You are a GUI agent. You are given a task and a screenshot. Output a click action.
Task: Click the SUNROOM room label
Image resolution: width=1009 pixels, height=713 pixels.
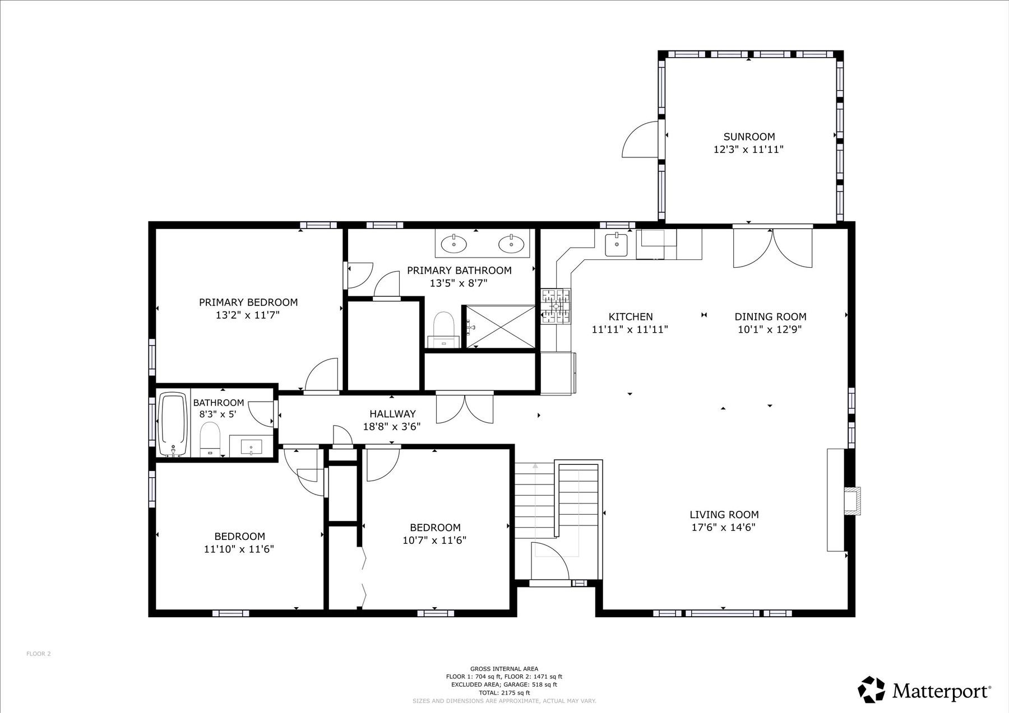(749, 137)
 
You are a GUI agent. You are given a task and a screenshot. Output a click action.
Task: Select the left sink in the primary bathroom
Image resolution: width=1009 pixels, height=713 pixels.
(453, 244)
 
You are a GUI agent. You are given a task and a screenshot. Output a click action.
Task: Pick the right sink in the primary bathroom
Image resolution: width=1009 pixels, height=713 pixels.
(511, 244)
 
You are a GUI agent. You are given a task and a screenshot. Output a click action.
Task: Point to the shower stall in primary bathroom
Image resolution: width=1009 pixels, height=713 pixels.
(498, 327)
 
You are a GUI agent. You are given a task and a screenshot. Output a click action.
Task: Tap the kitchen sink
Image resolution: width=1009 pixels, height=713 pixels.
(617, 244)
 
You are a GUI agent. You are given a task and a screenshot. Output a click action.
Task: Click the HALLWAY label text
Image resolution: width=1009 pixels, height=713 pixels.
(392, 414)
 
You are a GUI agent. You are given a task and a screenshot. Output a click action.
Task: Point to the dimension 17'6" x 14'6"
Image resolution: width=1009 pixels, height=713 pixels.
(724, 527)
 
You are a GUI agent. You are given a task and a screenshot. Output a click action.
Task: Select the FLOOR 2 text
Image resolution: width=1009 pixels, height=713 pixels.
(39, 653)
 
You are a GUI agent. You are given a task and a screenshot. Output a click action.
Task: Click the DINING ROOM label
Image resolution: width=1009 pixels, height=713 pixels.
(770, 316)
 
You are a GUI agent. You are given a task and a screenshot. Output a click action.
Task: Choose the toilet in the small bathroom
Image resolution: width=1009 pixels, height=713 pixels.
(210, 440)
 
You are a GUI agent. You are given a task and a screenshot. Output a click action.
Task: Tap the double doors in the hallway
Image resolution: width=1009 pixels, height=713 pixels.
(465, 408)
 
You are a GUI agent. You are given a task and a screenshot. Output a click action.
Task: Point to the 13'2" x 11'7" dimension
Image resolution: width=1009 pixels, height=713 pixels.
(248, 315)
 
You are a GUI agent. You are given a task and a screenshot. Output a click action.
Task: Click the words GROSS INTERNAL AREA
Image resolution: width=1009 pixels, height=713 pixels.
(504, 669)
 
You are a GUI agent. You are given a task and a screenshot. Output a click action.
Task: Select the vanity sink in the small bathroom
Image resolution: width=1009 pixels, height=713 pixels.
(251, 446)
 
